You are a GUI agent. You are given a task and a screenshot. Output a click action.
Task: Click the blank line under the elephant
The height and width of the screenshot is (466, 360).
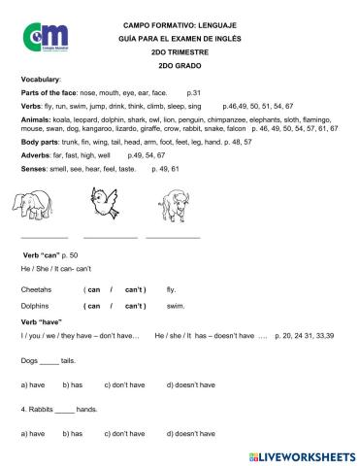tap(44, 237)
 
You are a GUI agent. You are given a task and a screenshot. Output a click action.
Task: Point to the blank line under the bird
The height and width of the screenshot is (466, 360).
tap(110, 237)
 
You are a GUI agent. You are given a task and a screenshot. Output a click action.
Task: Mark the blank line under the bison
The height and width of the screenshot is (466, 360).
tap(172, 237)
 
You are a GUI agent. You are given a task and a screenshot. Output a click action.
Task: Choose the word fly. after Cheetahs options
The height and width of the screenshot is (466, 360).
tap(172, 289)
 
